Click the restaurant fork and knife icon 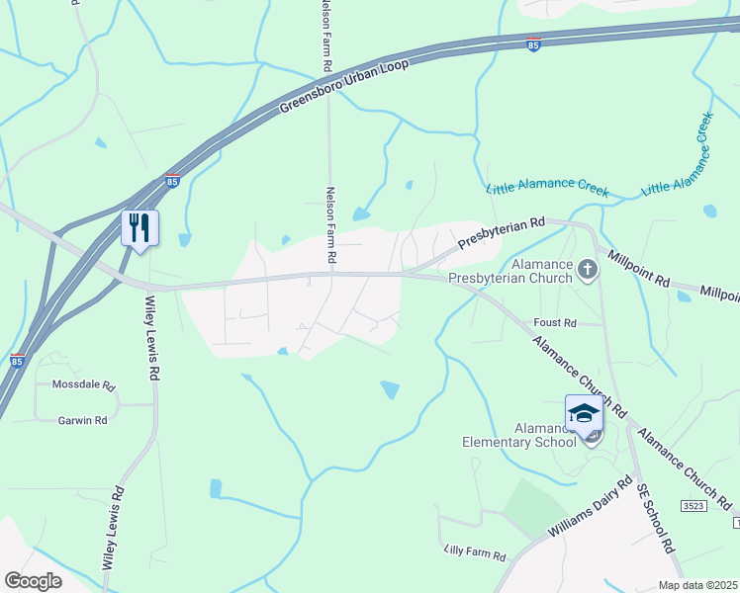click(139, 228)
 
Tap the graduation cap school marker click(584, 413)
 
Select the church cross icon click(588, 269)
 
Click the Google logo click(33, 580)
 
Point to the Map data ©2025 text click(697, 585)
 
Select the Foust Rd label click(554, 323)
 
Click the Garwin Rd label click(82, 420)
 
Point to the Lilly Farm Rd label click(475, 550)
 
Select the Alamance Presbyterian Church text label click(510, 272)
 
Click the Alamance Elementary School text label click(518, 435)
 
